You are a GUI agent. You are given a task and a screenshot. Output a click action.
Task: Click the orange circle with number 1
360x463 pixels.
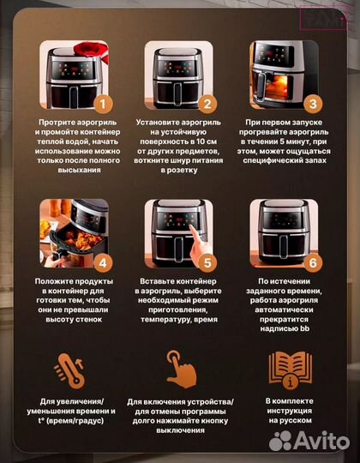point(103,105)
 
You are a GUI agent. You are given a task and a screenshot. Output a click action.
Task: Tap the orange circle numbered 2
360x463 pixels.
point(207,105)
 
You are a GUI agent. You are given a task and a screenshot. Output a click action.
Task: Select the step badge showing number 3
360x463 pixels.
point(313,105)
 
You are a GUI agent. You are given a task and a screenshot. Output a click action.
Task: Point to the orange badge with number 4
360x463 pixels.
point(103,263)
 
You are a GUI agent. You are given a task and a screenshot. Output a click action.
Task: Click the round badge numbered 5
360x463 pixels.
point(207,263)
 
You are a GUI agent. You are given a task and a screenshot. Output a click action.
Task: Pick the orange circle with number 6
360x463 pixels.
point(313,263)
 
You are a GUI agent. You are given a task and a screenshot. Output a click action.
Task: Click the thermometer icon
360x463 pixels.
point(70,370)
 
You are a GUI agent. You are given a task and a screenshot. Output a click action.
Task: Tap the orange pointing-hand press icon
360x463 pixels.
point(181,369)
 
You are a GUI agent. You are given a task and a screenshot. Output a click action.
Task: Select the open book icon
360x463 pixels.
point(291,370)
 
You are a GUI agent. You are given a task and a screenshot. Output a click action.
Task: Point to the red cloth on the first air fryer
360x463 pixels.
point(92,51)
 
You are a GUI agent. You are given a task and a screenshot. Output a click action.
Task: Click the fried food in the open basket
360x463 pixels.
point(79,240)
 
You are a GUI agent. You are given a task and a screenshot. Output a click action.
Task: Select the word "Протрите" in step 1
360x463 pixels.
point(53,123)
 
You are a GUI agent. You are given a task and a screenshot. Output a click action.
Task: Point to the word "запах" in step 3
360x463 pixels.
point(315,160)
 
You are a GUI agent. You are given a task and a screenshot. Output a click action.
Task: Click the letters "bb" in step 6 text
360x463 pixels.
point(304,328)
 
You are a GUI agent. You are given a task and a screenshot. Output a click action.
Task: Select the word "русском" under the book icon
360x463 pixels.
point(297,420)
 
